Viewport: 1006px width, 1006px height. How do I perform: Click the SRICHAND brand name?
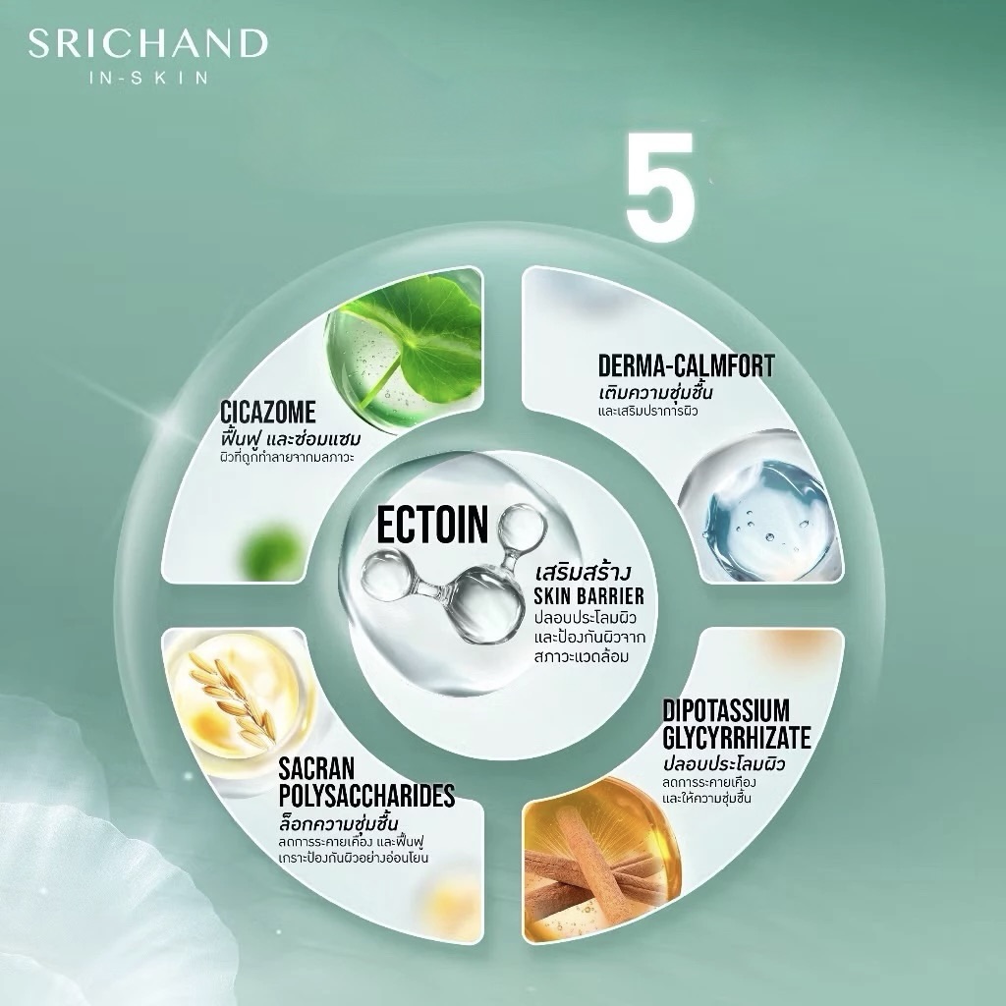147,43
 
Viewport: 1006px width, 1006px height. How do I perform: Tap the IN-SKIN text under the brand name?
147,78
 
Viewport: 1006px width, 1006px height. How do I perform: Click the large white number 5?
661,187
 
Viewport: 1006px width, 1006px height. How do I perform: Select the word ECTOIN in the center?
432,525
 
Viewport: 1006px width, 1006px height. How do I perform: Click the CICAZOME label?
267,412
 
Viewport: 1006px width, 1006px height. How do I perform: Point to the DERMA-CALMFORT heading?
686,365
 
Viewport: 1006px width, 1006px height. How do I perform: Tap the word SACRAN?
317,769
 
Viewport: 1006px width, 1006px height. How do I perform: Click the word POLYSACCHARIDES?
367,796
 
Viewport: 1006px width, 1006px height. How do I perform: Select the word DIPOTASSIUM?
726,711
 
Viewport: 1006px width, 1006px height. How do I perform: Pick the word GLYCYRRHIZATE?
737,737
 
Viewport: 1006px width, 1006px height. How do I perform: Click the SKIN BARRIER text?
589,596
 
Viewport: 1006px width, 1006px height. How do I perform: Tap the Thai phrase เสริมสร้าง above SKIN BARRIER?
584,571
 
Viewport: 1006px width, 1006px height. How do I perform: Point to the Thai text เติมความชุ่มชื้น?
655,391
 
